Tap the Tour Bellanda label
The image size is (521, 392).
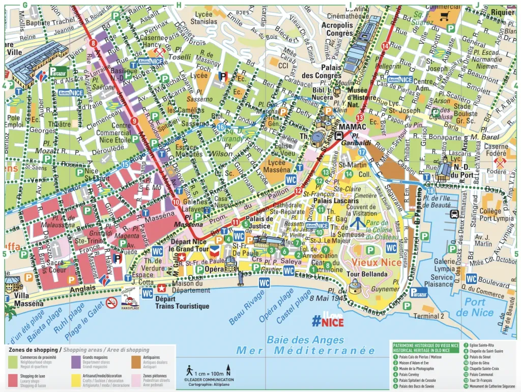367,274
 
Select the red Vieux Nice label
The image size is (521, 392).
374,262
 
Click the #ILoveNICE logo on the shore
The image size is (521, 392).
328,319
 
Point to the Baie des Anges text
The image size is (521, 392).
305,340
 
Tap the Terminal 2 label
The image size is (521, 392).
428,316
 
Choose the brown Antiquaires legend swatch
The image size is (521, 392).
135,361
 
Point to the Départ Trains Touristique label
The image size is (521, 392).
182,303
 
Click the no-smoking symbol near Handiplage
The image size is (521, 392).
112,303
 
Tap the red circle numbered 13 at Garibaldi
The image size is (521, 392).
360,132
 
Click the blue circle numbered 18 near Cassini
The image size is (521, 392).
431,191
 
